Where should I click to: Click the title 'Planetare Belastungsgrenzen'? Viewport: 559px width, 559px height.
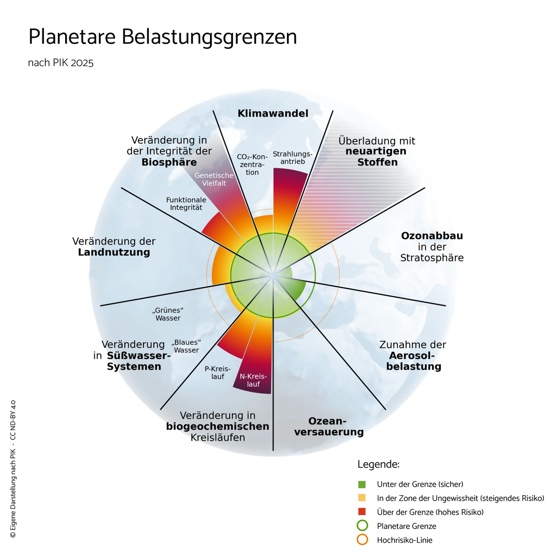[x=163, y=37]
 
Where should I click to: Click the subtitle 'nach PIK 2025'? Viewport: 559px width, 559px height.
[x=61, y=63]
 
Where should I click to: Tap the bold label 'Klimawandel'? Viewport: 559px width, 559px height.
[x=273, y=113]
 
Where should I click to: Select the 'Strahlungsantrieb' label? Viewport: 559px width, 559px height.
[x=292, y=157]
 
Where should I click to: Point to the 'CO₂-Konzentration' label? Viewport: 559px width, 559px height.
[x=252, y=164]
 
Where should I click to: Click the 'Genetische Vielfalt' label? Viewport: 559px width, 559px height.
[x=214, y=179]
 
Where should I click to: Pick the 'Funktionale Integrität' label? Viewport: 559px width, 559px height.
[x=186, y=204]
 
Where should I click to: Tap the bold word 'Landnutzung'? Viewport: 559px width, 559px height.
[x=114, y=252]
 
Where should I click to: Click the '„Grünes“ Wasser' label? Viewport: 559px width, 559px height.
[x=168, y=314]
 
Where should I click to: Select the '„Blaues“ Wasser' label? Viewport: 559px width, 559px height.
[x=186, y=346]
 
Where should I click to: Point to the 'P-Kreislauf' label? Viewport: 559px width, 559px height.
[x=218, y=373]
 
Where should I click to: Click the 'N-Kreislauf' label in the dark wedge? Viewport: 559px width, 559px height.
[x=253, y=380]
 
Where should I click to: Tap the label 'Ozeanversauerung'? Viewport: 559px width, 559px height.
[x=329, y=427]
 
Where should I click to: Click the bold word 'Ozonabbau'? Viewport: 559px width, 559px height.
[x=432, y=236]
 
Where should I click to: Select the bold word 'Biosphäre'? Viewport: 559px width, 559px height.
[x=169, y=162]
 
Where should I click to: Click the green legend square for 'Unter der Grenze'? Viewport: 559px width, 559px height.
[x=362, y=484]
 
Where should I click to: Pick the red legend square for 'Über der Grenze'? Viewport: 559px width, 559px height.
[x=362, y=512]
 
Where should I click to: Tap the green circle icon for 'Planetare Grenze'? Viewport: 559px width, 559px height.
[x=362, y=526]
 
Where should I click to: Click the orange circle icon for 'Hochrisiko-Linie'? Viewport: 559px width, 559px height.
[x=362, y=540]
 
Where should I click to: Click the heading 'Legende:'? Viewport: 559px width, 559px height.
[x=378, y=464]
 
